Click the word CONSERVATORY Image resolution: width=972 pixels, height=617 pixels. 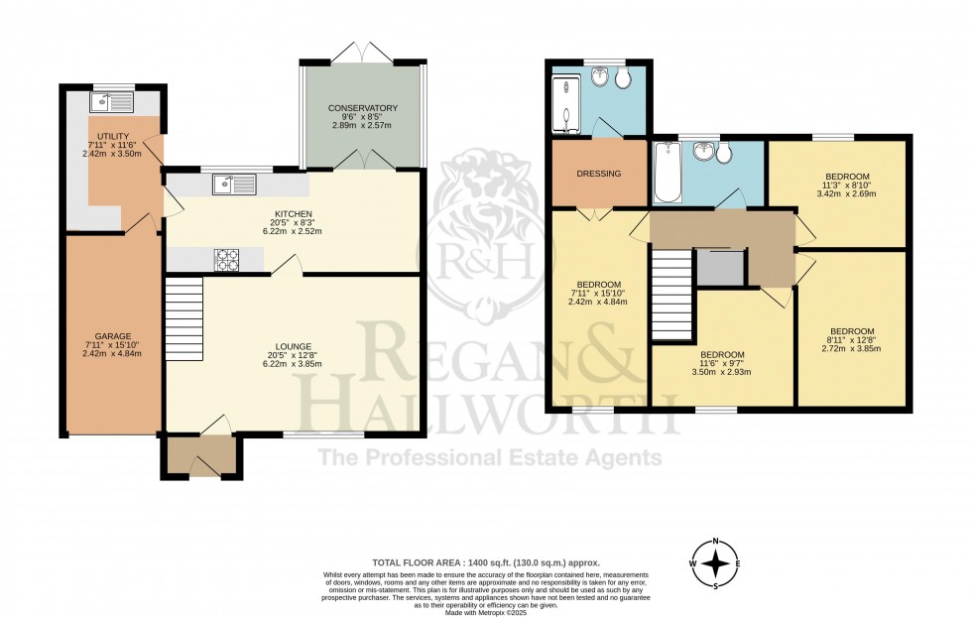[x=365, y=108]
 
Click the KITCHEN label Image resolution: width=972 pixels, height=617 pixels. [x=294, y=214]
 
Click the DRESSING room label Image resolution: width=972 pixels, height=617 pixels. [x=598, y=174]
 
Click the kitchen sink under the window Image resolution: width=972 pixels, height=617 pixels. [x=234, y=184]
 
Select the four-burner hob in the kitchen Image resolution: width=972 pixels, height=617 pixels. [x=227, y=259]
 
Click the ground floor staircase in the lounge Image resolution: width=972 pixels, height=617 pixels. [x=183, y=310]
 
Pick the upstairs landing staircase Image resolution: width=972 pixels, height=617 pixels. [x=670, y=295]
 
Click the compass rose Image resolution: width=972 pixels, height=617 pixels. [x=714, y=564]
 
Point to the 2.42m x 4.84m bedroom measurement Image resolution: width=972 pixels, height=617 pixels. [x=598, y=302]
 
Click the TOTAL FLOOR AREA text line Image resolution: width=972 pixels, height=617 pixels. [x=486, y=561]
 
